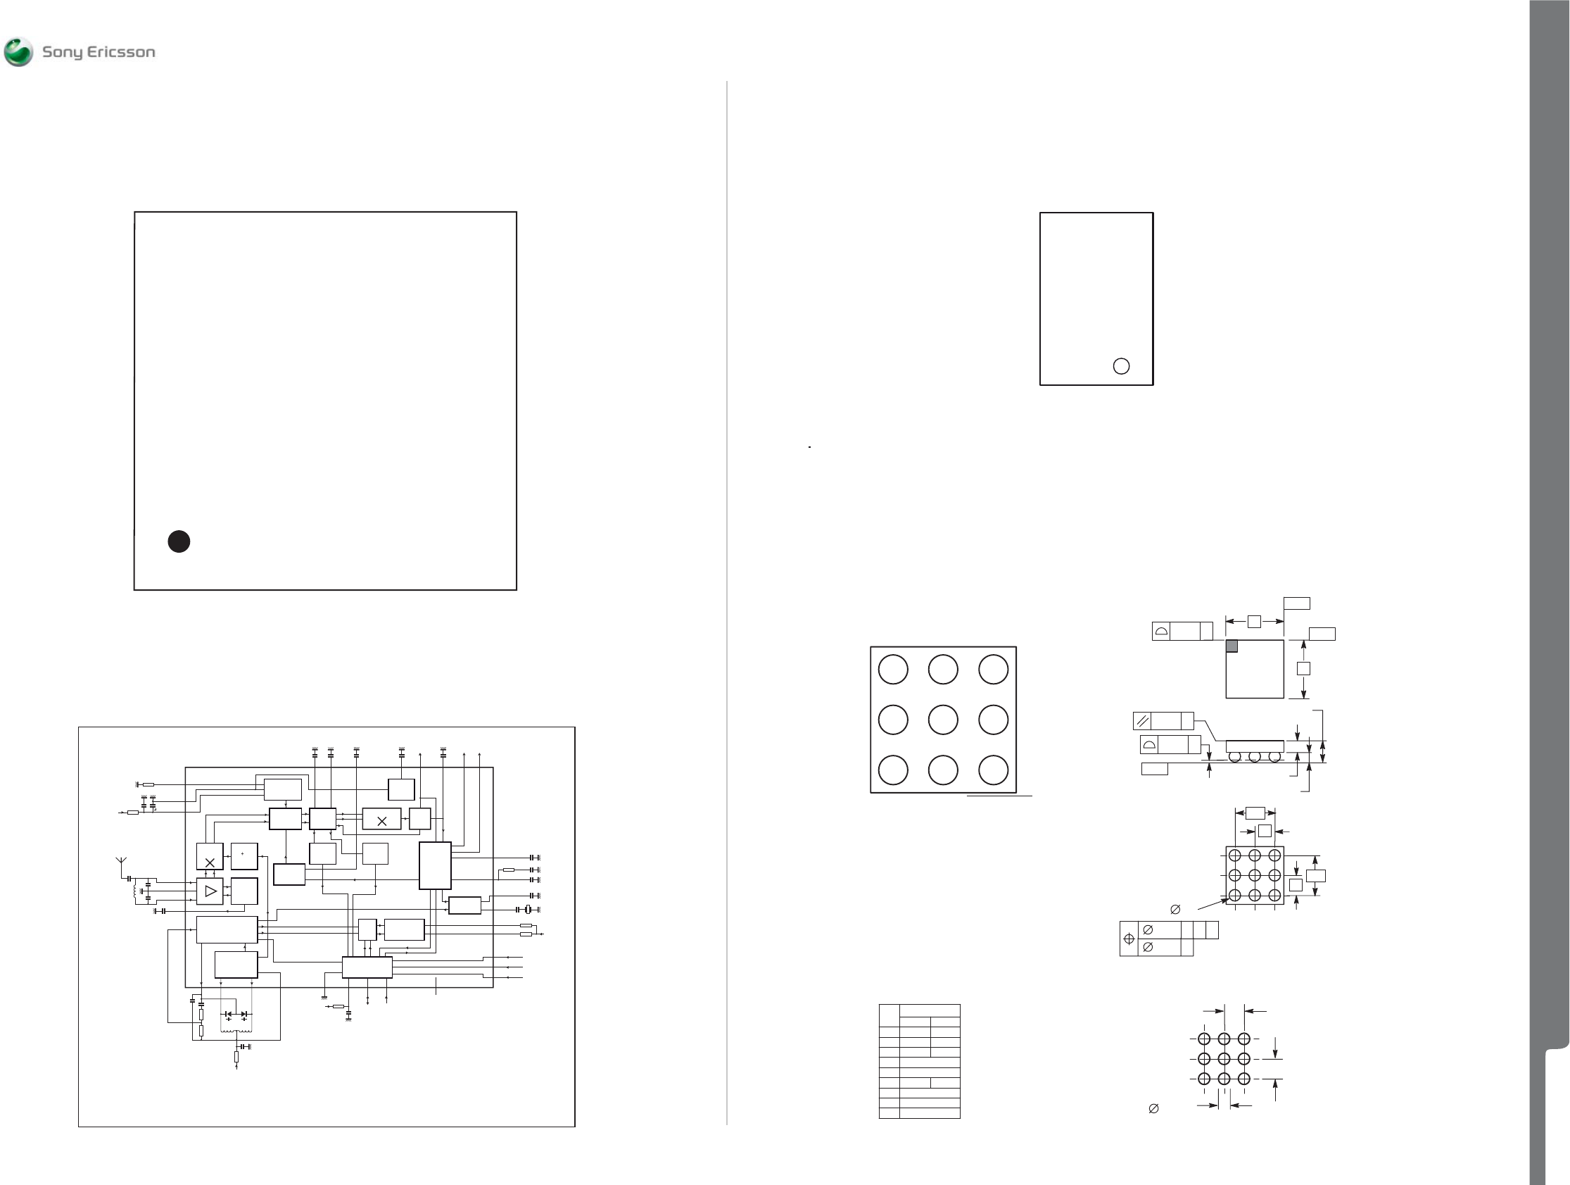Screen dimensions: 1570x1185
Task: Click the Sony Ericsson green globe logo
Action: [x=18, y=52]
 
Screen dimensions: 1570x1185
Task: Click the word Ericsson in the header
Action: [x=121, y=52]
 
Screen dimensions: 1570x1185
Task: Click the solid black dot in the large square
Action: [x=179, y=541]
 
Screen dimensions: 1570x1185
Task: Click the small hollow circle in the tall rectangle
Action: [x=1121, y=365]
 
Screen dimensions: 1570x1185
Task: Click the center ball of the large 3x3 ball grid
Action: [x=942, y=719]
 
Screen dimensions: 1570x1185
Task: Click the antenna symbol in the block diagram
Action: [x=120, y=863]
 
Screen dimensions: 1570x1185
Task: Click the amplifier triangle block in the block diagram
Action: [x=210, y=891]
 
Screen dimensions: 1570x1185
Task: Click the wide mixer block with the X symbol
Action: [x=382, y=820]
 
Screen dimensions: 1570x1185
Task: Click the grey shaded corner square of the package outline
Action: [x=1232, y=646]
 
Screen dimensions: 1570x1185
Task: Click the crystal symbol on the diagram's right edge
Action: [x=527, y=910]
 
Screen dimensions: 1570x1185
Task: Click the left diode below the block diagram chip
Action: [x=229, y=1015]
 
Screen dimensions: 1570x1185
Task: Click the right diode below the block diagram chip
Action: [x=244, y=1015]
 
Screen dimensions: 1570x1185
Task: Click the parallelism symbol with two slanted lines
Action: [x=1143, y=722]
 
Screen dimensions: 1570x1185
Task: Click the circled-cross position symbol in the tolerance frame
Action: [x=1129, y=939]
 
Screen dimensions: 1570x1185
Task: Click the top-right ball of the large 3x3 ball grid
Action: [x=993, y=670]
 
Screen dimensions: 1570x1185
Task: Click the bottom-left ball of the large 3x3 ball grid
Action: [x=893, y=770]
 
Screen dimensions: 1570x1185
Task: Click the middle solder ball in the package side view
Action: [x=1255, y=757]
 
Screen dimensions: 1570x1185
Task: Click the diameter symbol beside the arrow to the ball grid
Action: [x=1175, y=909]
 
